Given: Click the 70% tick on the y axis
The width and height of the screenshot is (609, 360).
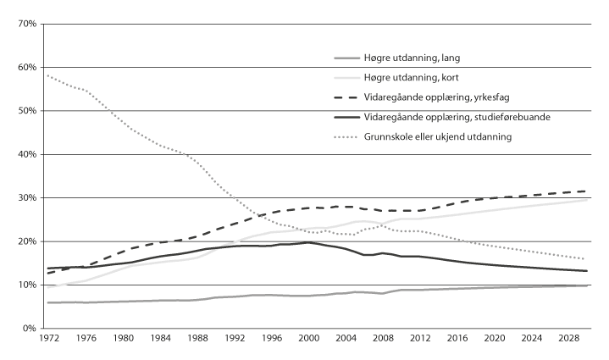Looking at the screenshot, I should pyautogui.click(x=26, y=24).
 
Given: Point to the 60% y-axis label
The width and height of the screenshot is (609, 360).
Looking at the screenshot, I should pyautogui.click(x=26, y=67).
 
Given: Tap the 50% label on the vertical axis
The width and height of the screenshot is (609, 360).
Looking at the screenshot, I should pyautogui.click(x=26, y=111).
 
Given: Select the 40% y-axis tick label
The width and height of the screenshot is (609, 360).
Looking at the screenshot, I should pyautogui.click(x=26, y=154).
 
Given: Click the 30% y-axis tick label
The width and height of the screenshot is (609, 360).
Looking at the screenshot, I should pyautogui.click(x=26, y=198).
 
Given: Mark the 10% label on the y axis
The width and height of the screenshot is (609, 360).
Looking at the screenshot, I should pyautogui.click(x=26, y=285).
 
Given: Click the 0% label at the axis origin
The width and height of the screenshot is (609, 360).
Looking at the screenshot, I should pyautogui.click(x=29, y=329).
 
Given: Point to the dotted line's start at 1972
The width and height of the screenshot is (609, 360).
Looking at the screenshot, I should pyautogui.click(x=47, y=75).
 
